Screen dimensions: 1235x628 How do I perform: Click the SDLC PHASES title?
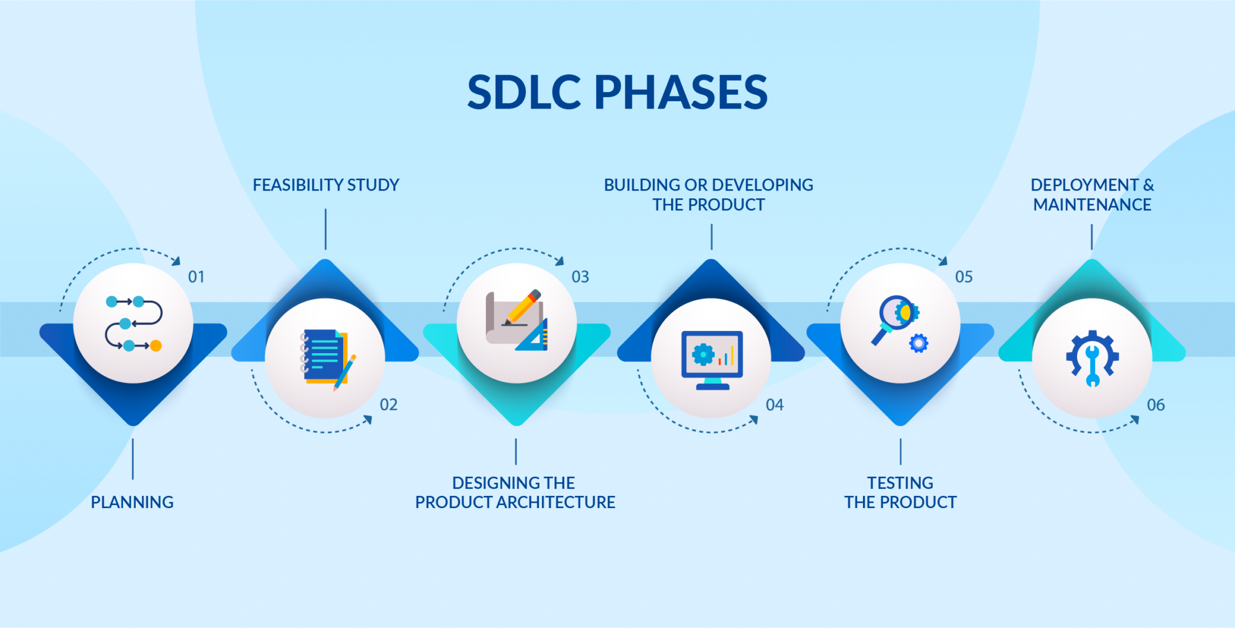click(x=617, y=92)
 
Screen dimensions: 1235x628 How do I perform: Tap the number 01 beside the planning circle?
click(x=197, y=277)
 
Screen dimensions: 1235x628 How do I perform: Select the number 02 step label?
click(x=389, y=404)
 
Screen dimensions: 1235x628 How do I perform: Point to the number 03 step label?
click(x=580, y=277)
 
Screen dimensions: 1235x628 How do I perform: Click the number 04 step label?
click(x=775, y=404)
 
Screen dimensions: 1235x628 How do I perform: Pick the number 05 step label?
click(x=964, y=277)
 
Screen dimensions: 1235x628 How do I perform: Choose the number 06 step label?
click(x=1156, y=404)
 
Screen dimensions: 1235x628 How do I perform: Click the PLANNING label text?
click(x=132, y=502)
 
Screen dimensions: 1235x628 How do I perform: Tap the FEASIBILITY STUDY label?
click(x=326, y=185)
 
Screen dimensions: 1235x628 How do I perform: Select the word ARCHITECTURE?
click(x=556, y=502)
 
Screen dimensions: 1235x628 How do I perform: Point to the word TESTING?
click(x=900, y=483)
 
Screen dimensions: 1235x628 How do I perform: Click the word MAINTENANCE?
click(x=1092, y=205)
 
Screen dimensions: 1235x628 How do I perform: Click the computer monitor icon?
click(x=712, y=360)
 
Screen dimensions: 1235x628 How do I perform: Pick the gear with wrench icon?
click(x=1092, y=358)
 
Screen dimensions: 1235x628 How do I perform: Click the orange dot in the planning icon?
click(x=156, y=345)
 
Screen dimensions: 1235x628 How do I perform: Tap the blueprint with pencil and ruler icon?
click(x=517, y=320)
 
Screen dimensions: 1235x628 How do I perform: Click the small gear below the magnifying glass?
click(x=918, y=344)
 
